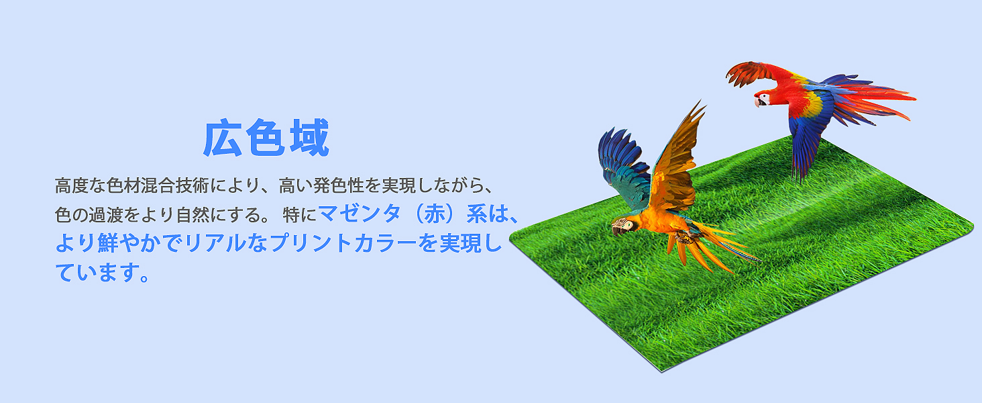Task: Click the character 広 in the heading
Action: click(x=224, y=138)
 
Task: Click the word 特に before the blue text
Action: click(x=299, y=215)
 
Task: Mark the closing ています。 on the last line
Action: click(x=101, y=273)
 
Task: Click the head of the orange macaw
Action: click(x=622, y=226)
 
